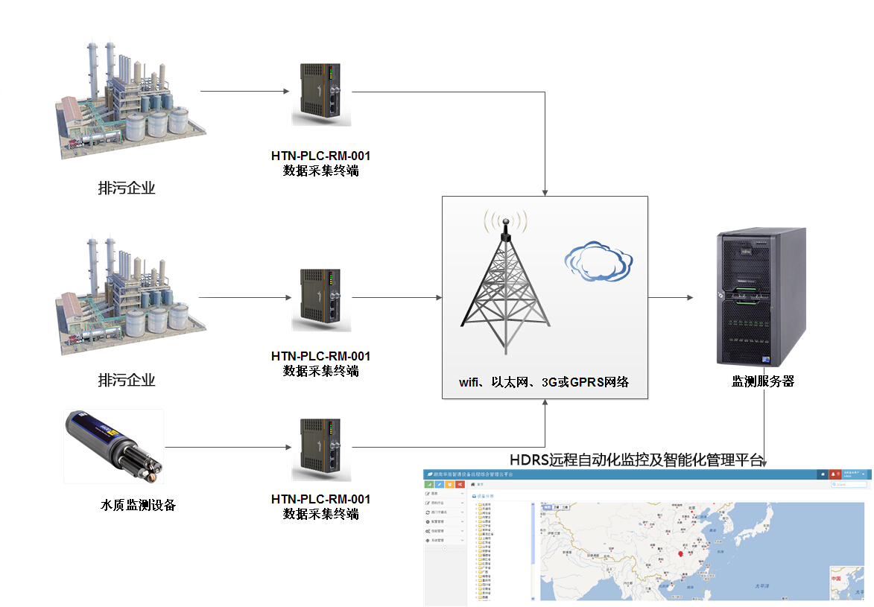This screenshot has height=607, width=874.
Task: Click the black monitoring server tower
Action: click(761, 298)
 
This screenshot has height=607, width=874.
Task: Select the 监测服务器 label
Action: click(762, 381)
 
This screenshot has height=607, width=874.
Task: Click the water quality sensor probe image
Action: click(114, 446)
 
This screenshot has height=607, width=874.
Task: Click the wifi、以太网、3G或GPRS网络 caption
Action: click(544, 382)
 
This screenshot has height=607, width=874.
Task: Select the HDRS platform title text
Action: click(637, 459)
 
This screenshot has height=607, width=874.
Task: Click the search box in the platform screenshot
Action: click(850, 485)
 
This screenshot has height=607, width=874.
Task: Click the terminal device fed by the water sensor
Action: click(323, 448)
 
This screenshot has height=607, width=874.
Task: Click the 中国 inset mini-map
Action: click(846, 583)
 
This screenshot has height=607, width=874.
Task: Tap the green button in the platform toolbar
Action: click(430, 485)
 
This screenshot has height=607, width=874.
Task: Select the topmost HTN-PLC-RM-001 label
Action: click(320, 156)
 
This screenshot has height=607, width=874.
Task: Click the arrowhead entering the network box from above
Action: click(545, 192)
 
